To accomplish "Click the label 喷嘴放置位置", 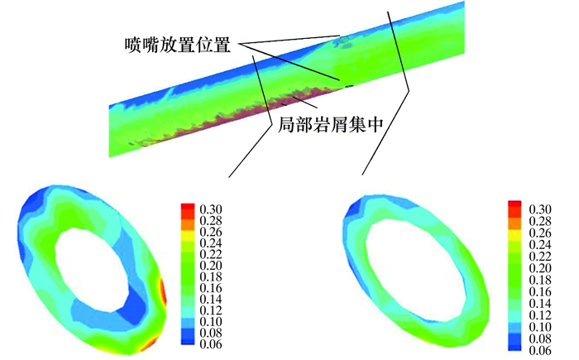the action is click(x=178, y=45).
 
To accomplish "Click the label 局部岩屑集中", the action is click(x=331, y=124).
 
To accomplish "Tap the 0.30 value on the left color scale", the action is click(x=211, y=209).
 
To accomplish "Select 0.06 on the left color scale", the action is click(x=211, y=343).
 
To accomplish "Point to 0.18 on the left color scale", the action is click(x=211, y=276).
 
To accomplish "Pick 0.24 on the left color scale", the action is click(x=211, y=242).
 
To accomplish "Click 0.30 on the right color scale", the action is click(x=540, y=209).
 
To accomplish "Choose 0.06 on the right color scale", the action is click(x=540, y=349).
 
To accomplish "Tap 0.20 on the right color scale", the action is click(x=540, y=267).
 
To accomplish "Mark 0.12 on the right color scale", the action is click(x=540, y=314).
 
